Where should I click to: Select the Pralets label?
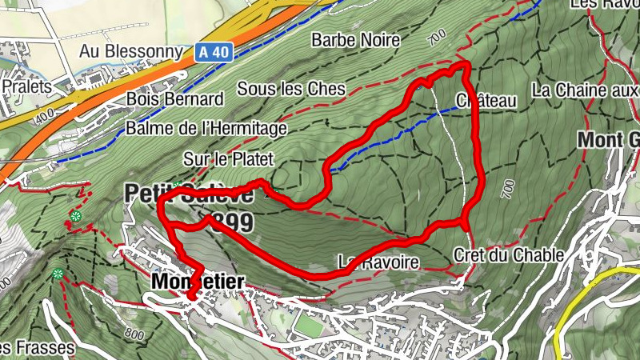[x=26, y=86]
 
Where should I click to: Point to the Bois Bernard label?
[x=174, y=100]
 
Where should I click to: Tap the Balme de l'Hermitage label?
[x=206, y=128]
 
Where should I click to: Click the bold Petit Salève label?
[x=188, y=194]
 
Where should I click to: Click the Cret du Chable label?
[x=508, y=255]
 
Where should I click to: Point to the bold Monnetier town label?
[x=196, y=281]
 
